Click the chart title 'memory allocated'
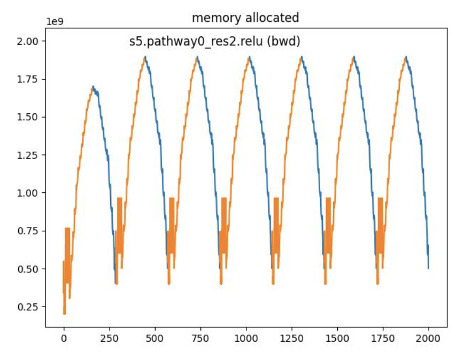tap(245, 18)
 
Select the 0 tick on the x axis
tap(64, 339)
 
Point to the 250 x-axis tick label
tap(109, 339)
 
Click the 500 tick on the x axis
tap(155, 339)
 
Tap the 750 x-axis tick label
tap(200, 339)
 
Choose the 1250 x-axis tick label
tap(292, 339)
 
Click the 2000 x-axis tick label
tap(429, 339)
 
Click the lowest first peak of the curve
tap(93, 87)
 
